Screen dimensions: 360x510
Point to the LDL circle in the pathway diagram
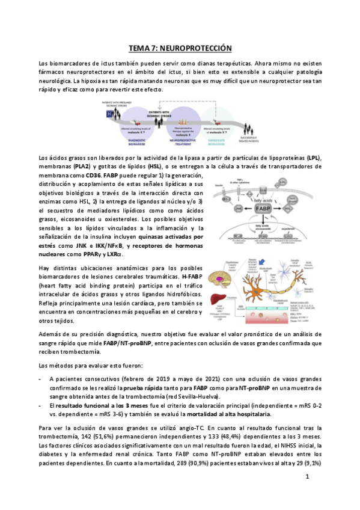pos(282,182)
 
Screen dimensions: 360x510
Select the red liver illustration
pos(218,300)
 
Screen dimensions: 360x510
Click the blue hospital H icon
pos(109,112)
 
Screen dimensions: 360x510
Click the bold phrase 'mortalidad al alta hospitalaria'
pos(227,414)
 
